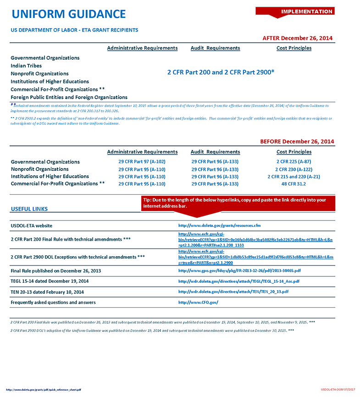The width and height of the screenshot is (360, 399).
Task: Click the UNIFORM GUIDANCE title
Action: [x=69, y=14]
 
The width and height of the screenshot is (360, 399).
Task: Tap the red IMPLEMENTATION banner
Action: [x=306, y=11]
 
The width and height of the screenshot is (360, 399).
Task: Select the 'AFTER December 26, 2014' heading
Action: [x=297, y=38]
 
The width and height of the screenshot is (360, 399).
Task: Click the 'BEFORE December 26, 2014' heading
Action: [x=297, y=141]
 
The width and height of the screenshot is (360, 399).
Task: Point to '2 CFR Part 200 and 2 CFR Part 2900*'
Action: [x=221, y=73]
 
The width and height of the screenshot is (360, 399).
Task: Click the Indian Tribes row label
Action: [x=26, y=66]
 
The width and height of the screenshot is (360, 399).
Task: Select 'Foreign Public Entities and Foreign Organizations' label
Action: [x=69, y=97]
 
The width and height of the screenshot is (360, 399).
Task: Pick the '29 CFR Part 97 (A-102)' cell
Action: [x=142, y=162]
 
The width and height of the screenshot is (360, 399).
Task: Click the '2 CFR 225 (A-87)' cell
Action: [x=294, y=162]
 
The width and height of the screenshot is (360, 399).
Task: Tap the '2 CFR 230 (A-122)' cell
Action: [x=294, y=169]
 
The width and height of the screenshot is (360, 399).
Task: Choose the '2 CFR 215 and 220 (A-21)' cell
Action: [x=294, y=177]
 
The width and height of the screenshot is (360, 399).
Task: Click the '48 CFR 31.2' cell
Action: [x=294, y=184]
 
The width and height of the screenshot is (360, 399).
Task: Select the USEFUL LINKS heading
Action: [x=29, y=209]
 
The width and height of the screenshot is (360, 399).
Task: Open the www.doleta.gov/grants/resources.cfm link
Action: [x=219, y=226]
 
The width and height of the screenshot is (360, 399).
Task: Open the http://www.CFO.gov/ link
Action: [x=198, y=303]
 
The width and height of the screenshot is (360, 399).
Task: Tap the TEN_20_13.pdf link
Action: [x=233, y=292]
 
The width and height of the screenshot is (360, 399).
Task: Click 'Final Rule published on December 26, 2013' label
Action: [x=55, y=271]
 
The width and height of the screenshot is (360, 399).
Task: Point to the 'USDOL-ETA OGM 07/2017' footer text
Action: [x=338, y=390]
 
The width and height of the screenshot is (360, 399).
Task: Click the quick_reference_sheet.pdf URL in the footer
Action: [x=44, y=390]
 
